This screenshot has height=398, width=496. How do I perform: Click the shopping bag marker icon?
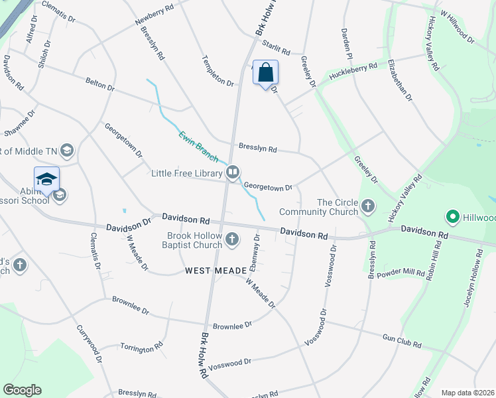(265, 72)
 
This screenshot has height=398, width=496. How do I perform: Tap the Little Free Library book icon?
(233, 173)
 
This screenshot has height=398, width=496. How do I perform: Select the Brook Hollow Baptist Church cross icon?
(232, 239)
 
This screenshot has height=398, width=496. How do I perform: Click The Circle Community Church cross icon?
(367, 207)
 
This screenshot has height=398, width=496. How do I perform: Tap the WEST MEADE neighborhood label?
(211, 270)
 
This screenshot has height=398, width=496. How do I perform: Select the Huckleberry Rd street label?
(353, 71)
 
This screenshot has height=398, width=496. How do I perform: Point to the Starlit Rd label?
(276, 47)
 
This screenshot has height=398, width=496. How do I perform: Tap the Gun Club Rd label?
(402, 340)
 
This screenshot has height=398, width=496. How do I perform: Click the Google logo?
(22, 390)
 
